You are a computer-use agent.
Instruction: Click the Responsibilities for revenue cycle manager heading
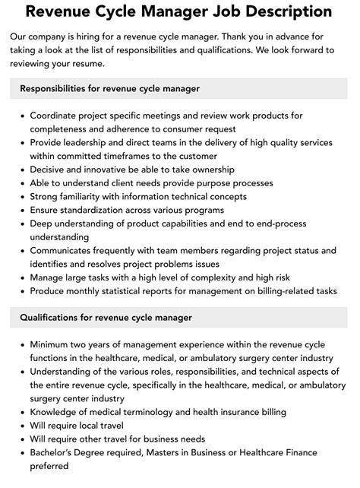110,89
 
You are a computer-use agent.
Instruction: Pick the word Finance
313,452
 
